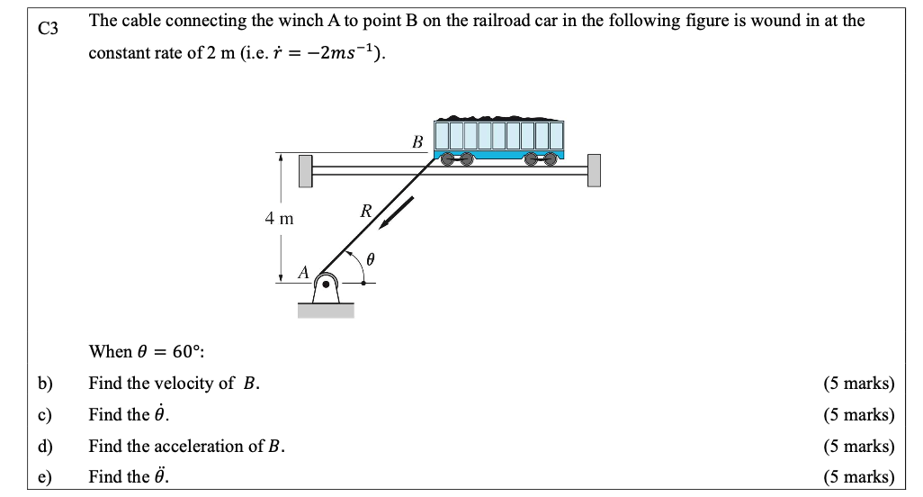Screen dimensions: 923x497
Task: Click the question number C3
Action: (48, 29)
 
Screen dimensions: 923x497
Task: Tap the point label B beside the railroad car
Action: (417, 141)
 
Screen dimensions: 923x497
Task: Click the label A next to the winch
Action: (303, 271)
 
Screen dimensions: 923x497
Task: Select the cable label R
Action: (365, 212)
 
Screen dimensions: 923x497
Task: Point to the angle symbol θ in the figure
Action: (369, 259)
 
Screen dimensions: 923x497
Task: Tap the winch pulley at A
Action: (327, 284)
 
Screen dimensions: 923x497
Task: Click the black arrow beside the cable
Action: (396, 213)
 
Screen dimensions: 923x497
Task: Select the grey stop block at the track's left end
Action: (306, 170)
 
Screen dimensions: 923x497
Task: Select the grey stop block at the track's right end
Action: (594, 170)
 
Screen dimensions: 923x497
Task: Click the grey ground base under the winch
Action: (326, 311)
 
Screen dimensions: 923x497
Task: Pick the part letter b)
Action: (45, 384)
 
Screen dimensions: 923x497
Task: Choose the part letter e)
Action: (45, 477)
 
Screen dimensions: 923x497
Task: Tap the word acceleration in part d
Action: (221, 447)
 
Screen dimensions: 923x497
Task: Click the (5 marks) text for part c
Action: (858, 415)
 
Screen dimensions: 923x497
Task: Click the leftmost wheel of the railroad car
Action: (446, 158)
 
